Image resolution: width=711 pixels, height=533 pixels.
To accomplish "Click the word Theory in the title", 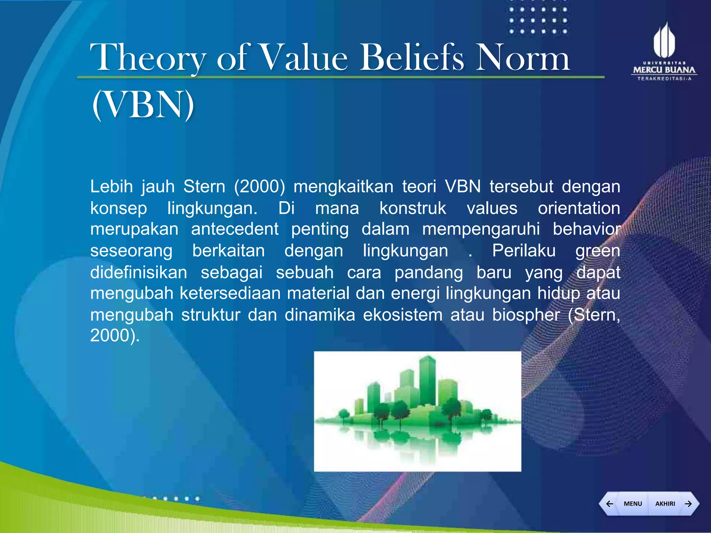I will coord(148,58).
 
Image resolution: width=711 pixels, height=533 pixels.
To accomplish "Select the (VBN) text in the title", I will coord(143,104).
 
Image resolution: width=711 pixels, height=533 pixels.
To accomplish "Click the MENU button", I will coord(633,504).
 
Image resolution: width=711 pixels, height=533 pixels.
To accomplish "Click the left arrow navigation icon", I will coord(609,504).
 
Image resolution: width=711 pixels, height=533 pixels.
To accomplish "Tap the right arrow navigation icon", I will coord(688,504).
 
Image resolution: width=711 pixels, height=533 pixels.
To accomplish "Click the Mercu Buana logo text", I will coord(664,70).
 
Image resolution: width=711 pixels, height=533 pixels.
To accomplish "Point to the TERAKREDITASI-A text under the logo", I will coord(664,79).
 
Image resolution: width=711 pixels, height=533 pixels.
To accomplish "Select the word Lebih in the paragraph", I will coord(111,187).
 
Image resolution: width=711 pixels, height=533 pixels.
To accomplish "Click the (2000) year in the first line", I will coord(259,187).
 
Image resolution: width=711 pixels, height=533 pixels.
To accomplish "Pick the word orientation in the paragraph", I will coord(579,209).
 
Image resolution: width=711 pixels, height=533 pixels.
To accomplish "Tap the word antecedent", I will coord(235,229).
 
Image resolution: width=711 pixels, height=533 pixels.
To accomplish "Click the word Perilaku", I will coord(524,251).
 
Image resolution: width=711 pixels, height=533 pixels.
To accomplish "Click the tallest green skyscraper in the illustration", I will coord(427,380).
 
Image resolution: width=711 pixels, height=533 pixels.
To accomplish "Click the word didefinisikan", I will coord(139,272).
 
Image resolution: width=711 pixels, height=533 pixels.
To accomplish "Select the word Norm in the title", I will coord(522,58).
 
